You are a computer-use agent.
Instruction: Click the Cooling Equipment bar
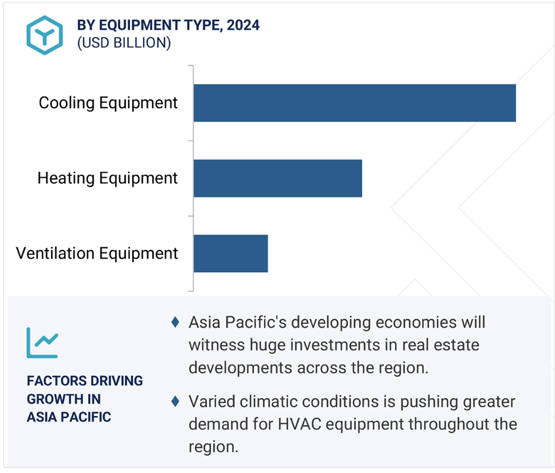tap(355, 103)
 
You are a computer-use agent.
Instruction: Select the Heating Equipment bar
tap(278, 178)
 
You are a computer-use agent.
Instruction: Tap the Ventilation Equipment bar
tap(231, 254)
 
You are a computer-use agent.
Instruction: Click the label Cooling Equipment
tap(108, 103)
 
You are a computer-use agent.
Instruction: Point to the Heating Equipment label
tap(107, 178)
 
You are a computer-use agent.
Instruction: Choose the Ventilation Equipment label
tap(96, 254)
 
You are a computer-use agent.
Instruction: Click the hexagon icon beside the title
tap(45, 35)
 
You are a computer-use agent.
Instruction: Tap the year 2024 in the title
tap(243, 25)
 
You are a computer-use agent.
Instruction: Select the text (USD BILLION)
tap(124, 43)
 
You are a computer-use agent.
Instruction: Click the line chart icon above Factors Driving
tap(42, 342)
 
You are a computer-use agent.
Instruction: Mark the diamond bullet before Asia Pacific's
tap(175, 322)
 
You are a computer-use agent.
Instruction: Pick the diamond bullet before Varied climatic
tap(175, 401)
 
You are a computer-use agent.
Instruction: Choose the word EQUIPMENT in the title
tap(140, 25)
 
